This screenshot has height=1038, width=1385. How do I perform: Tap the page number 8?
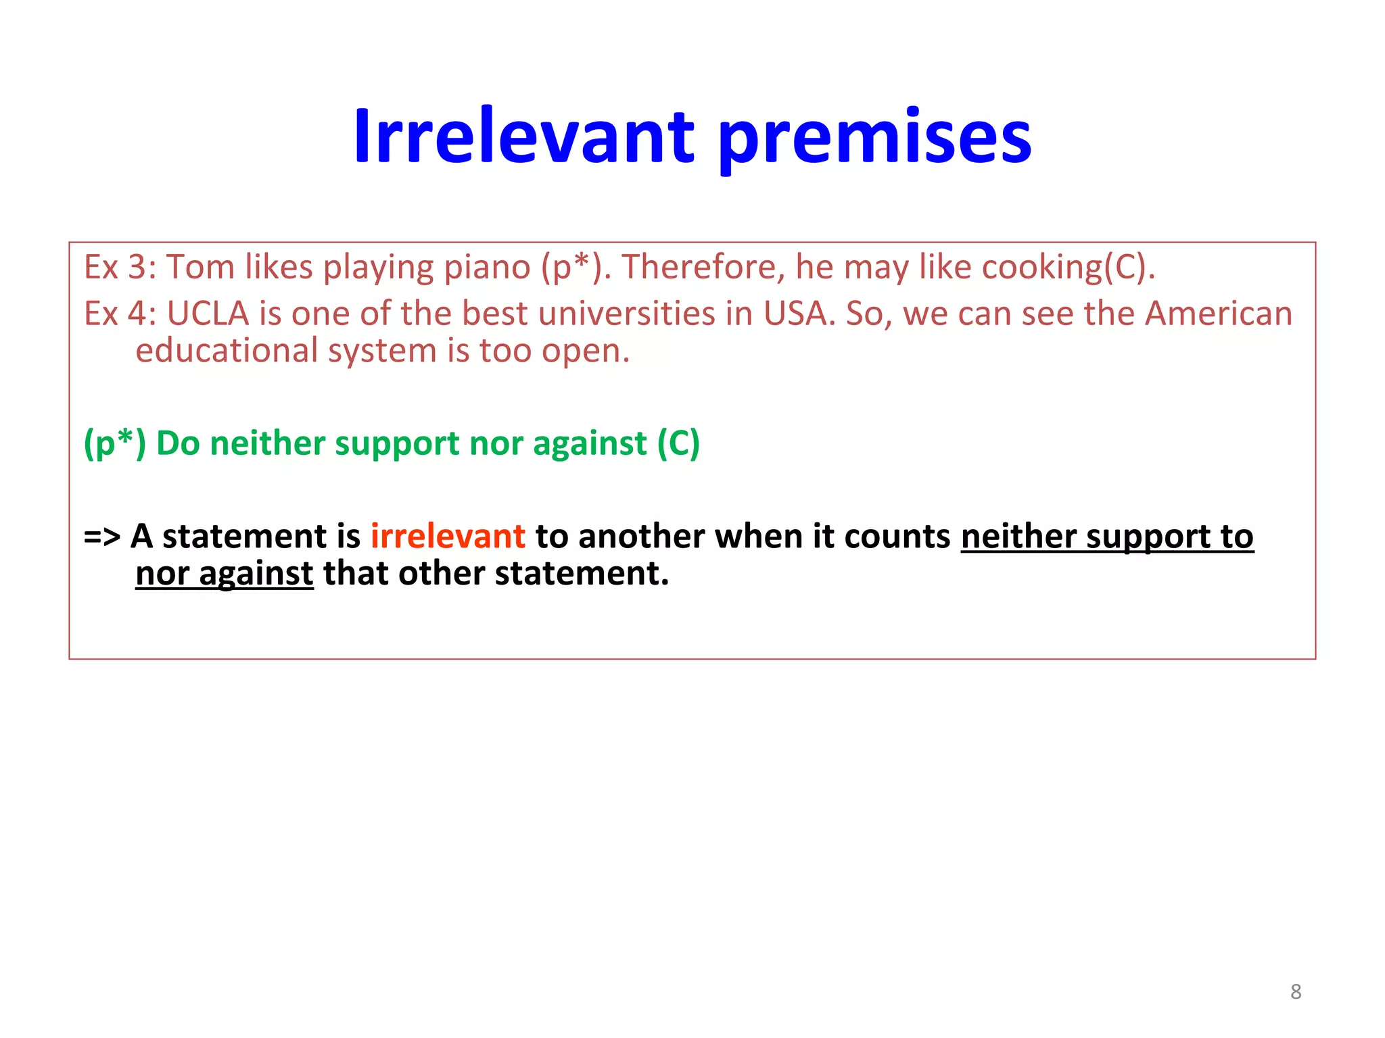click(x=1295, y=991)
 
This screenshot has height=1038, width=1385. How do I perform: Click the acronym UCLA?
click(x=208, y=314)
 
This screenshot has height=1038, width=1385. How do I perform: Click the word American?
click(x=1218, y=314)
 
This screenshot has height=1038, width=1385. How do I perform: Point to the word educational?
click(x=227, y=351)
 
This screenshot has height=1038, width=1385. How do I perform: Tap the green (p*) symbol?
click(x=114, y=444)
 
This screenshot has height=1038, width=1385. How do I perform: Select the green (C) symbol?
click(x=678, y=444)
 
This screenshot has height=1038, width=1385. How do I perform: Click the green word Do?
click(x=178, y=444)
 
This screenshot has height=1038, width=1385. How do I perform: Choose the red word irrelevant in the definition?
click(x=448, y=537)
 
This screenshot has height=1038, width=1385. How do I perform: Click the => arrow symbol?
click(x=101, y=537)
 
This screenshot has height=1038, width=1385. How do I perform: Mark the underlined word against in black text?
click(x=256, y=574)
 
